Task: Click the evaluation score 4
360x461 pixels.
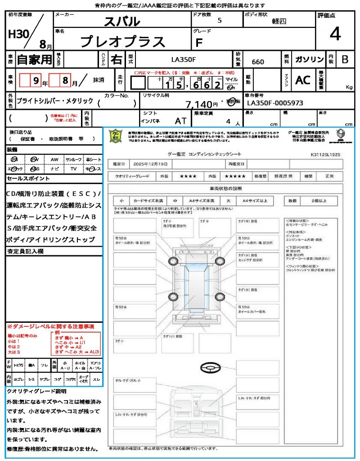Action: pos(335,35)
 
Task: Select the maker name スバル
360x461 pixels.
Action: pos(122,22)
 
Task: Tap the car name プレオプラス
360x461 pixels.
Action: pos(122,41)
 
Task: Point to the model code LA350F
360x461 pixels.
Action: pos(184,59)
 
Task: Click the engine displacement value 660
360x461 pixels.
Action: pos(258,62)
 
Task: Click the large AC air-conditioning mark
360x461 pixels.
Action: pos(302,80)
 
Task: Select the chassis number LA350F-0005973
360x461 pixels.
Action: pos(275,104)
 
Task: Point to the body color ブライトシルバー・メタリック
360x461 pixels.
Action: pos(55,101)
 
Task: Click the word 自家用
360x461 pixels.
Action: pos(35,59)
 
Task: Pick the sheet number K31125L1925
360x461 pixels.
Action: pos(325,154)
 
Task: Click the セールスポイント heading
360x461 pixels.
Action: pos(28,179)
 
